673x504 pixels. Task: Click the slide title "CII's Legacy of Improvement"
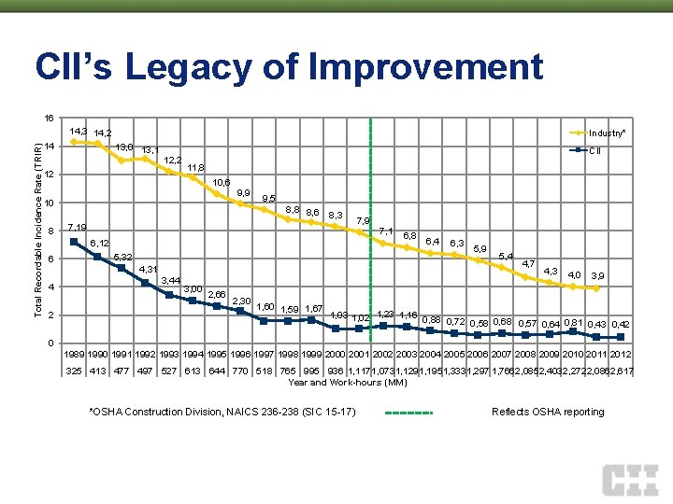[288, 67]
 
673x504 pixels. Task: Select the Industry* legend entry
[608, 133]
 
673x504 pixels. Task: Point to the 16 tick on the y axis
[50, 119]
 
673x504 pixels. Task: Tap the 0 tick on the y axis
[52, 343]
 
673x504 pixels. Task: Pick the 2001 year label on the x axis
[360, 356]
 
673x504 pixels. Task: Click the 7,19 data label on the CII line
[78, 227]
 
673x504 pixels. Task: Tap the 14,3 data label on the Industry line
[79, 131]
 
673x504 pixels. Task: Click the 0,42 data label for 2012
[620, 324]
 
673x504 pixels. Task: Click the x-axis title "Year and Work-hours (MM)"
[348, 382]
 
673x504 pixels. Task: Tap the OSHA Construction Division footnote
[222, 412]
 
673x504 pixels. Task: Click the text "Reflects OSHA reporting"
[548, 412]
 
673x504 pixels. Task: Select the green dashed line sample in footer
[409, 412]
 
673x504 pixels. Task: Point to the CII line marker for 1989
[74, 242]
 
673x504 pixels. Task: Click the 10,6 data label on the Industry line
[222, 182]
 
